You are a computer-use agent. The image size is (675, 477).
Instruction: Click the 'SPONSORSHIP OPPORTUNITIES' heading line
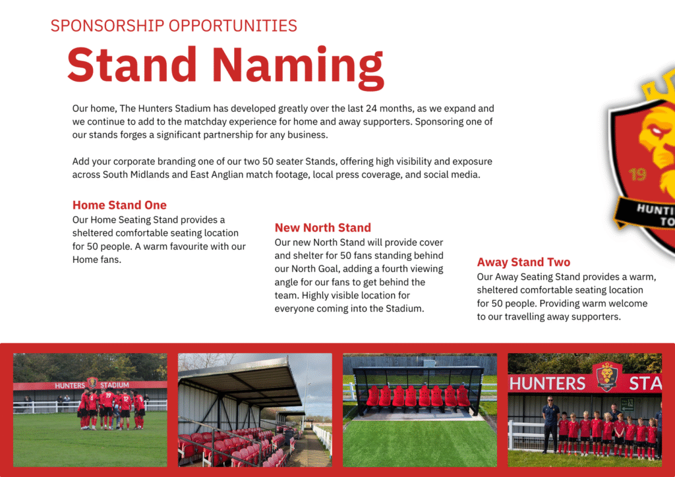(174, 26)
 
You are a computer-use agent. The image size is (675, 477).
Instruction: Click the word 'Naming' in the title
(298, 66)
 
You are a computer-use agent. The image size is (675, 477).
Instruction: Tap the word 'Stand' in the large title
(132, 64)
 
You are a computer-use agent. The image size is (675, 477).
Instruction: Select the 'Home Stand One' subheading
(119, 205)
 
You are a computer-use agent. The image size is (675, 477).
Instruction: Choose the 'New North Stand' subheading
(323, 227)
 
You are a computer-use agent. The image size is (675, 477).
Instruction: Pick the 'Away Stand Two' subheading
(523, 262)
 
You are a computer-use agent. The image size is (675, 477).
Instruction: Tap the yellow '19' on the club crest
(637, 174)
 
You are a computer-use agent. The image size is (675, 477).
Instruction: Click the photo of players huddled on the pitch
(90, 410)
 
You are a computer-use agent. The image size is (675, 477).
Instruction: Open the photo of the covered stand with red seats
(255, 410)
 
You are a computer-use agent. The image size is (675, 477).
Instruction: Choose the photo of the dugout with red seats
(420, 410)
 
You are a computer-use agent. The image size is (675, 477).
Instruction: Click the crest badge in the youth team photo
(606, 376)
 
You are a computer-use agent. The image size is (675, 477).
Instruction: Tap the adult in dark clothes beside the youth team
(550, 424)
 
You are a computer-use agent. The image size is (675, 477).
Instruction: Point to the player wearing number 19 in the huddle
(107, 408)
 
